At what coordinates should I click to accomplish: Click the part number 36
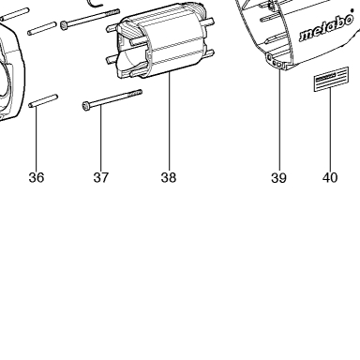coord(37,177)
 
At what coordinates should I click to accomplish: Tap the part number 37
coord(100,177)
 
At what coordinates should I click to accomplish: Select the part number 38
coord(169,177)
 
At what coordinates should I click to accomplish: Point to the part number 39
coord(278,177)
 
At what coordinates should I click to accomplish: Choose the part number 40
coord(330,177)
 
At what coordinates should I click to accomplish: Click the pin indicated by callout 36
coord(43,101)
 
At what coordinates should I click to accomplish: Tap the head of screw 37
coord(86,106)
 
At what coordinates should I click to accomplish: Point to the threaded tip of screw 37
coord(135,94)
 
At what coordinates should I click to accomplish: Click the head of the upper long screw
coord(64,25)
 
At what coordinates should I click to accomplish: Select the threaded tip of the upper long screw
coord(112,13)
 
